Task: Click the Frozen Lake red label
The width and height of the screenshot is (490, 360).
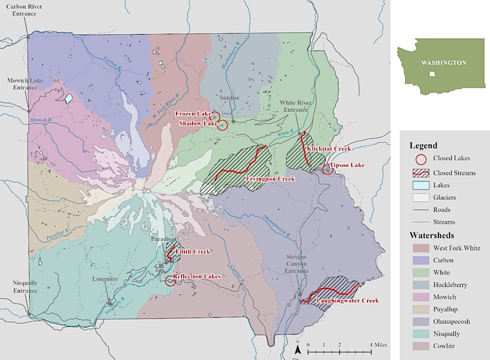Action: coord(192,113)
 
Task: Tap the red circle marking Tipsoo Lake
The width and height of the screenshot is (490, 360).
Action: coord(328,169)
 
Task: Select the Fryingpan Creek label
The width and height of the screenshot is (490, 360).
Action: coord(271,179)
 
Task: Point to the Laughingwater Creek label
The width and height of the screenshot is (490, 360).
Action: coord(347,301)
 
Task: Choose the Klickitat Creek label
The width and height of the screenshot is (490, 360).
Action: coord(329,148)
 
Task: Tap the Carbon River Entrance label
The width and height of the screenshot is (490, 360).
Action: coord(21,10)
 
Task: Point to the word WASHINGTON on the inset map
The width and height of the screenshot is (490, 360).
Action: coord(443,63)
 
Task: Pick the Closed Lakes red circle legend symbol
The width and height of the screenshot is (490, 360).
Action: coord(419,159)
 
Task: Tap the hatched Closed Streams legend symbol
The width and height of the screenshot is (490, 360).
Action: coord(419,173)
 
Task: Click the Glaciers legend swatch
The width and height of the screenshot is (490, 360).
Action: coord(419,197)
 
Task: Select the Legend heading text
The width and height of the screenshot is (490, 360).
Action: coord(423,145)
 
